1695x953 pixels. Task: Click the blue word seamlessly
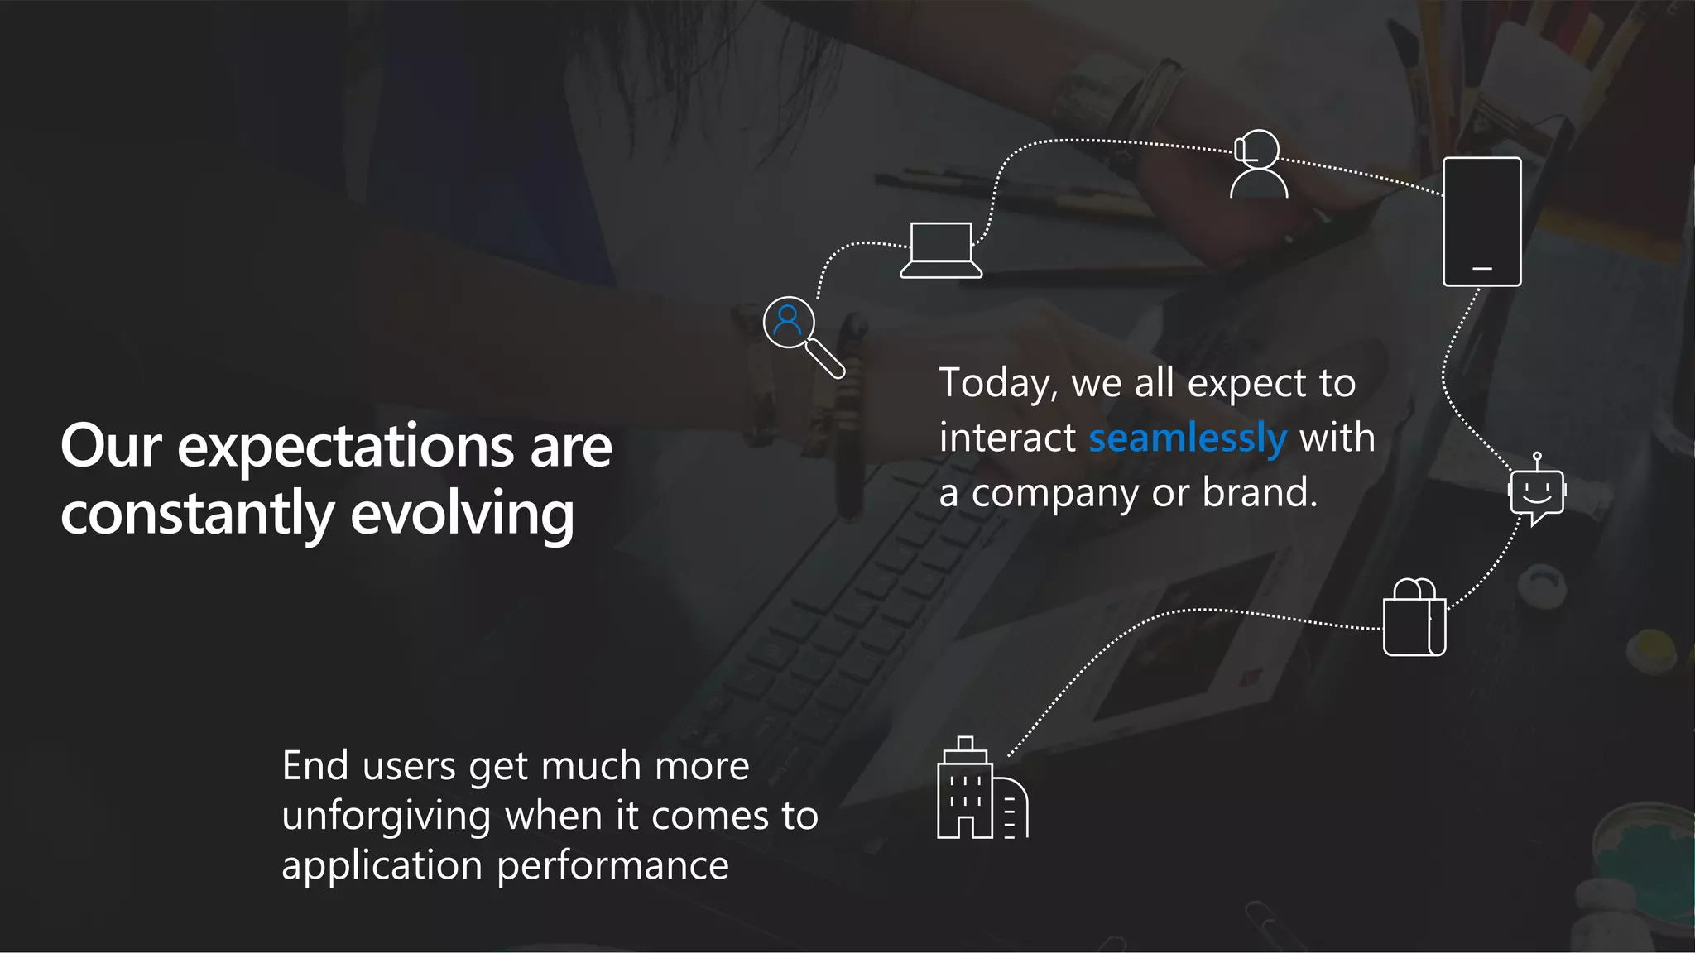pos(1187,438)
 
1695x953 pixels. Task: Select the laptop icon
pos(941,250)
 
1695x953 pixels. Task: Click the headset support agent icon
pos(1258,165)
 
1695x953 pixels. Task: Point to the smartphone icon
pos(1481,222)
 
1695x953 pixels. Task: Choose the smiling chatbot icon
pos(1537,493)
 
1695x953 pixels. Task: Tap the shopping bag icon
pos(1414,618)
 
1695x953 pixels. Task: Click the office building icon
pos(982,789)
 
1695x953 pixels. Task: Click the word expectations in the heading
pos(346,448)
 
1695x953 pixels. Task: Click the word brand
pos(1259,493)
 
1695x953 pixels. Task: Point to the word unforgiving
pos(387,817)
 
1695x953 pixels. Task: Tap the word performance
pos(612,867)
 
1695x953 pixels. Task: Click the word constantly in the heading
pos(197,515)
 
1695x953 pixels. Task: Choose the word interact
pos(1007,438)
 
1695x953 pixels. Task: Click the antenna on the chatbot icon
pos(1537,460)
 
